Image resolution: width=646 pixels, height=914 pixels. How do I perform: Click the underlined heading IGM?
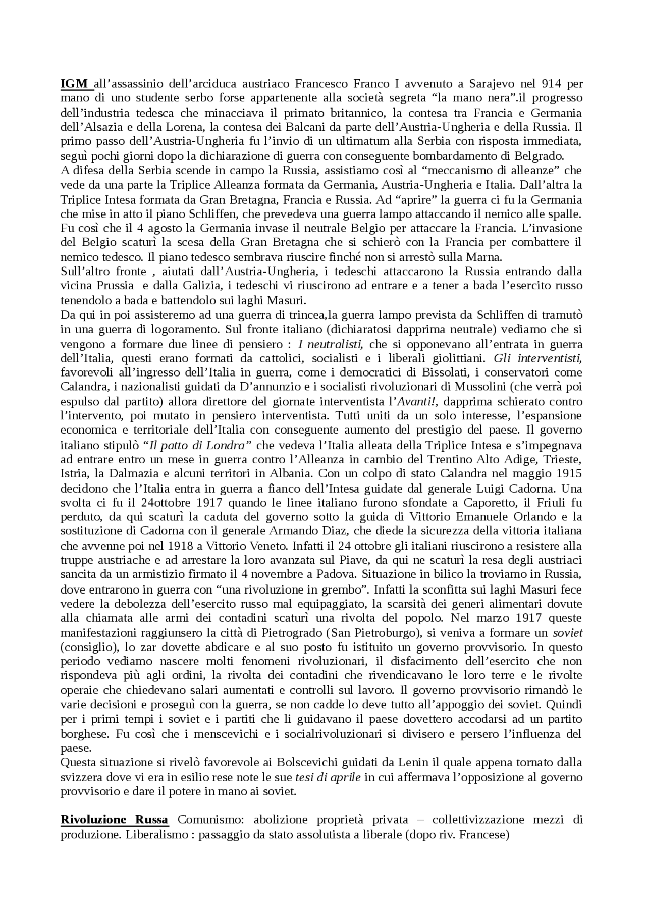(x=74, y=83)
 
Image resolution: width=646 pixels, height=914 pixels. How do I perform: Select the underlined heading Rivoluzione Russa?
(x=115, y=819)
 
